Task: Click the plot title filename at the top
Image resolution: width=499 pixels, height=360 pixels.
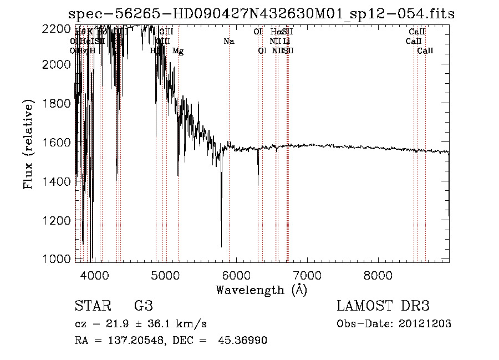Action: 261,14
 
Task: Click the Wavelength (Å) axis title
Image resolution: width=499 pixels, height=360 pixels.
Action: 261,290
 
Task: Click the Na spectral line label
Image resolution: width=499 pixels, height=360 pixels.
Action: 229,42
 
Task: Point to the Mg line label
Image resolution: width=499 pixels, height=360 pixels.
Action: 178,51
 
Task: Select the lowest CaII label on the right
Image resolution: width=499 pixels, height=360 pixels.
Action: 425,51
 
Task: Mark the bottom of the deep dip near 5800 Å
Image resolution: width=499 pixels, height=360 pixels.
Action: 221,246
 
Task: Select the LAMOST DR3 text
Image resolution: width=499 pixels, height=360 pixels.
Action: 383,306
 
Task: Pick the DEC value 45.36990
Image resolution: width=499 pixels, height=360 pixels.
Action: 246,341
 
